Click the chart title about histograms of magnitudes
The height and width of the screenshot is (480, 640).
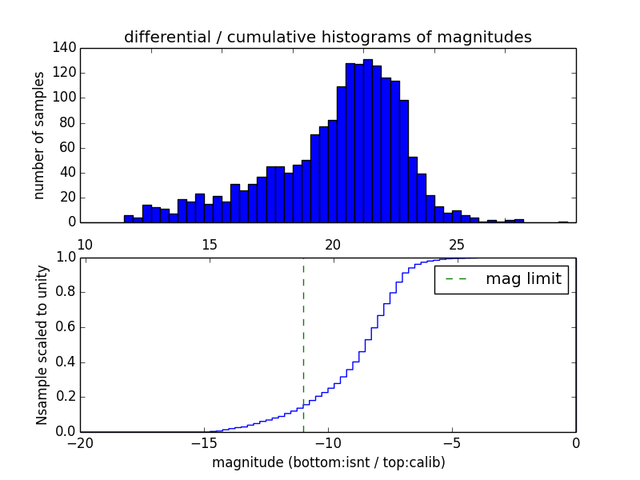pos(328,38)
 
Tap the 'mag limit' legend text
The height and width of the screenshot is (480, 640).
pos(523,279)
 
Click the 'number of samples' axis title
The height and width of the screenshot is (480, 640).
pos(39,135)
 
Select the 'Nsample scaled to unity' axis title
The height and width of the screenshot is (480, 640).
pos(42,345)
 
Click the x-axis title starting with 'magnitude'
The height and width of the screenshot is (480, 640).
pos(328,462)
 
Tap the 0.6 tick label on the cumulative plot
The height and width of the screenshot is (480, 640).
pos(66,327)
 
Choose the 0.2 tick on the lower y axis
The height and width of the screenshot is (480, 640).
pos(66,397)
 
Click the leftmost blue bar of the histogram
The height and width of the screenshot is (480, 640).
pos(128,218)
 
